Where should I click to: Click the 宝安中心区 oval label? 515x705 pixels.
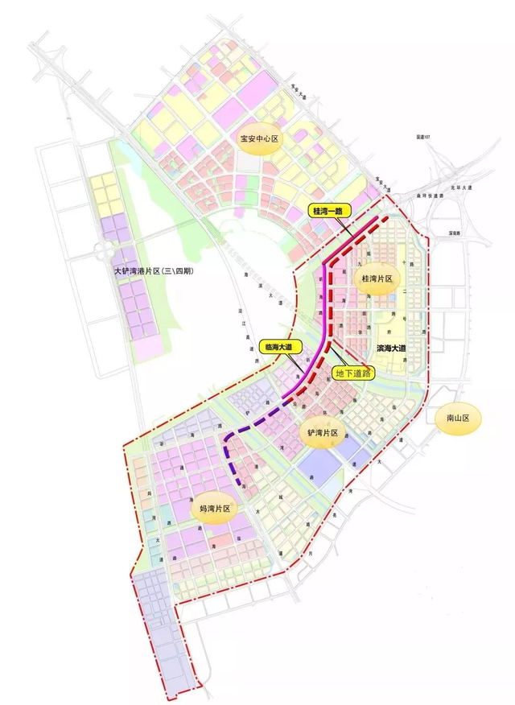point(257,138)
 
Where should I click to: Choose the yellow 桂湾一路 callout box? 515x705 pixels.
point(327,212)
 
